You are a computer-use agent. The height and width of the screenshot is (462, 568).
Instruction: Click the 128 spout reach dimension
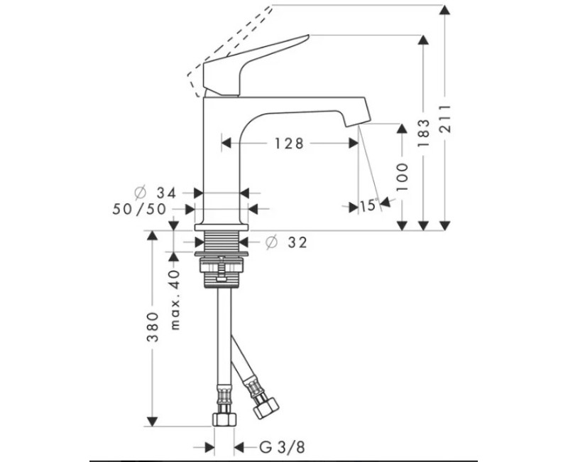(x=289, y=144)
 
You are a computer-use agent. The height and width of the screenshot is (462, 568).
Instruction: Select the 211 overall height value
(x=446, y=119)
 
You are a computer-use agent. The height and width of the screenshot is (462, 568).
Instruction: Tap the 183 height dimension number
(x=423, y=133)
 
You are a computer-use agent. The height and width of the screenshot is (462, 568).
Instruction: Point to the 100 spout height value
(x=402, y=177)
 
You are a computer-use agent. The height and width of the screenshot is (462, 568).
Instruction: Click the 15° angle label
(x=368, y=205)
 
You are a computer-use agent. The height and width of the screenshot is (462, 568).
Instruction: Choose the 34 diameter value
(x=166, y=193)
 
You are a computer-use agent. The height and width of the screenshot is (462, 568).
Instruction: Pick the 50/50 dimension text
(x=139, y=209)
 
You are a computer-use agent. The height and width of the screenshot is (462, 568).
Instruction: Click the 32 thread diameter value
(x=297, y=242)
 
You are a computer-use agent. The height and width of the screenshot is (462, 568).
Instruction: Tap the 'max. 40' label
(x=175, y=300)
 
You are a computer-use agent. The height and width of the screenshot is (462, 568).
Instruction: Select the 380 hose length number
(x=153, y=327)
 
